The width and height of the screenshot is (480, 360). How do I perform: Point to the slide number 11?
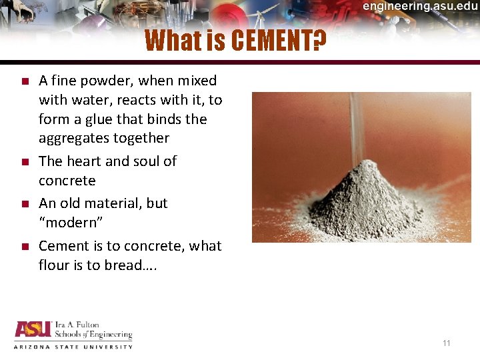447,343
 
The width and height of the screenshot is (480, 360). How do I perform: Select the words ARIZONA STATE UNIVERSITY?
73,347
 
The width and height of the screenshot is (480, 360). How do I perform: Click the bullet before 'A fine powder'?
23,81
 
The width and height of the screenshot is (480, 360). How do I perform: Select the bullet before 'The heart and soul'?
23,161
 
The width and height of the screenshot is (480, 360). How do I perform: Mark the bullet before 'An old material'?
23,203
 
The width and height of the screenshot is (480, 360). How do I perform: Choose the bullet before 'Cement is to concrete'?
23,246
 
